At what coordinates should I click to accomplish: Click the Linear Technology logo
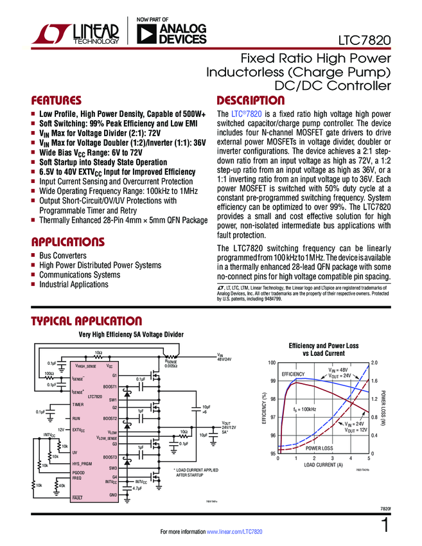point(75,34)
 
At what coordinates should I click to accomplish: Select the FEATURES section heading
point(57,101)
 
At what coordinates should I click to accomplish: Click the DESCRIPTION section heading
point(251,101)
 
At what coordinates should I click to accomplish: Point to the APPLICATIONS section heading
point(68,243)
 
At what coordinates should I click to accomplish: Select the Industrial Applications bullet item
point(74,285)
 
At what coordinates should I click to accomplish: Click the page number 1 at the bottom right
point(385,526)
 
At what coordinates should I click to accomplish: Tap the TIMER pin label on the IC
point(78,405)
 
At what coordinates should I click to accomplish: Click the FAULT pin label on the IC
point(77,498)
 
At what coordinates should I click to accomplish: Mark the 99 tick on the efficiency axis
point(272,382)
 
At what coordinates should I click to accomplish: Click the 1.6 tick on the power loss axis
point(374,382)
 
